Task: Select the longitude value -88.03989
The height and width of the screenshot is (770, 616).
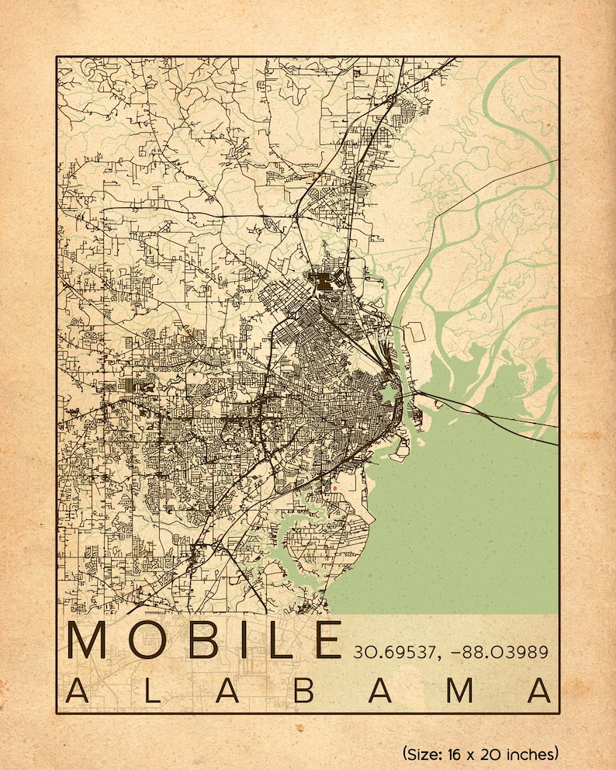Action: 504,651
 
